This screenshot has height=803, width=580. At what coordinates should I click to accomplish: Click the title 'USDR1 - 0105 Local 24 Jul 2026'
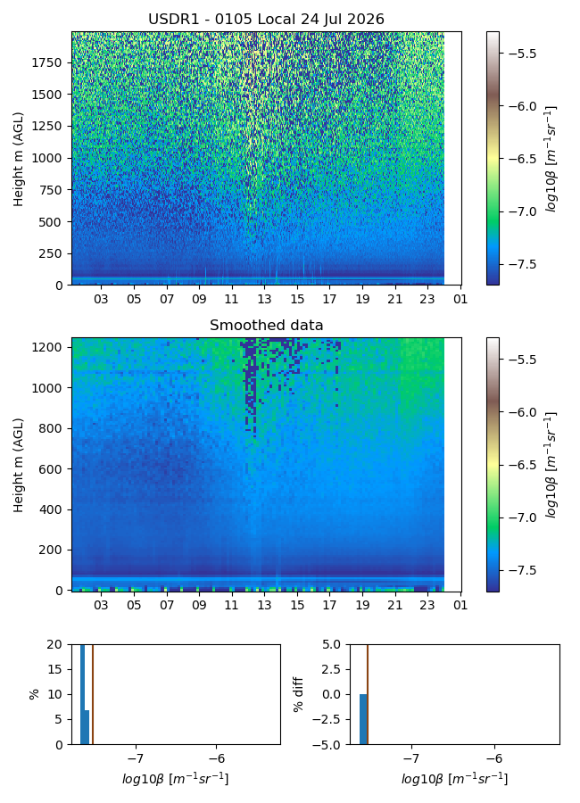tap(266, 20)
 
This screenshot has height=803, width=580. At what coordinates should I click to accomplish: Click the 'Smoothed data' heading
tap(267, 325)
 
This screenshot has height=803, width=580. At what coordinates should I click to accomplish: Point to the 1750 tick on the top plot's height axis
tap(46, 63)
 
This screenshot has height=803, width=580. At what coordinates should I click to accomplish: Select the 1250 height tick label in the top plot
tap(46, 127)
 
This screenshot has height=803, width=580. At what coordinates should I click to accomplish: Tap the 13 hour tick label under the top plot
tap(264, 299)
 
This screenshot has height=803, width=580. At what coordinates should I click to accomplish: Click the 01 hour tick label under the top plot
tap(460, 299)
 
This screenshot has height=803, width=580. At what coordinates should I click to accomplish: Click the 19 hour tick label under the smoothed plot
tap(362, 605)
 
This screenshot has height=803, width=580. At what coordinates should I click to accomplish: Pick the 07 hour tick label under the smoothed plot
tap(167, 605)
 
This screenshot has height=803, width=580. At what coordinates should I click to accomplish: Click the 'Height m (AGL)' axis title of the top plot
tap(19, 160)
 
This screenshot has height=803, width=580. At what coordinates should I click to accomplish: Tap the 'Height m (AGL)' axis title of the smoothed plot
tap(19, 465)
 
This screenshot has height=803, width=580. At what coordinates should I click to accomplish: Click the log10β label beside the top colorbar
tap(551, 159)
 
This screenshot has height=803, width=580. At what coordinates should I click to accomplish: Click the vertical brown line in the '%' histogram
tap(93, 694)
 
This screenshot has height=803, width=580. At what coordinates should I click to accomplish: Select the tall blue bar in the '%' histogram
tap(82, 694)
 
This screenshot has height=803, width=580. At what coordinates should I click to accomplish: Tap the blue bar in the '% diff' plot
tap(363, 719)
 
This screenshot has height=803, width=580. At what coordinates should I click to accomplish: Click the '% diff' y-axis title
tap(298, 694)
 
